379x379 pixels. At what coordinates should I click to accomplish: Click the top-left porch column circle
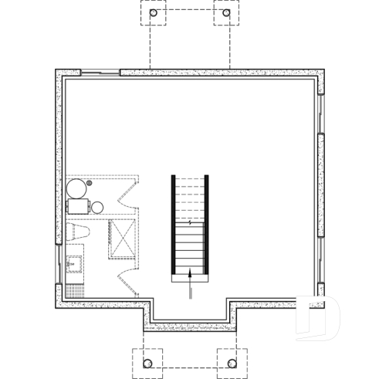[153, 13]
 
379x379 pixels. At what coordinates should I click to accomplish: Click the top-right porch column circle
[226, 13]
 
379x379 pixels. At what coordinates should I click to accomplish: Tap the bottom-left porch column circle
[147, 361]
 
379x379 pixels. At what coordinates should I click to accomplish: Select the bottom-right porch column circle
[231, 361]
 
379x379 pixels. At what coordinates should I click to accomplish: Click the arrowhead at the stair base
[190, 272]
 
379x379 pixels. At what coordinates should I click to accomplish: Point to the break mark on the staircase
[190, 222]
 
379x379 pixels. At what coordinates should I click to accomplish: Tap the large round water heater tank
[76, 189]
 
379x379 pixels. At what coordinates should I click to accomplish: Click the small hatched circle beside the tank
[90, 183]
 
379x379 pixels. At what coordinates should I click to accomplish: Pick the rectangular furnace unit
[77, 207]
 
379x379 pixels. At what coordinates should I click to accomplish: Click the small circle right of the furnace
[97, 207]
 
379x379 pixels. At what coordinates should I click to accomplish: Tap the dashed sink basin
[75, 263]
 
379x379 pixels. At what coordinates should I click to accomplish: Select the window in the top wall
[100, 73]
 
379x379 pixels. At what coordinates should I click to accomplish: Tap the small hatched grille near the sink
[75, 290]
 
